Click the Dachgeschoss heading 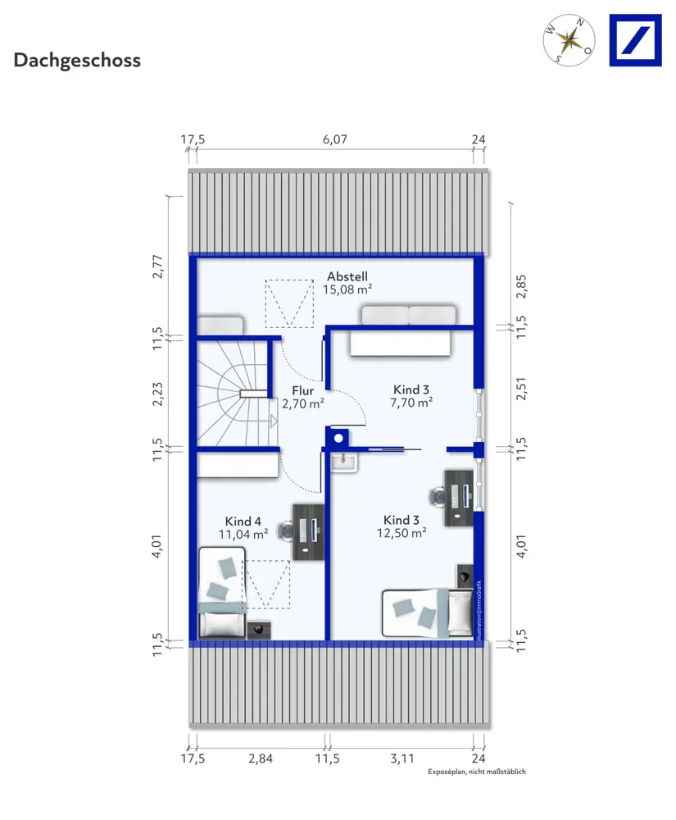(x=77, y=61)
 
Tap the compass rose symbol (x=569, y=40)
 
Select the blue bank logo (x=635, y=40)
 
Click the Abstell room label (x=347, y=276)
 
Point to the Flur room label (x=303, y=390)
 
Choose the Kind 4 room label (x=243, y=522)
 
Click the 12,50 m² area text (x=402, y=533)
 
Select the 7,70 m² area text (x=411, y=403)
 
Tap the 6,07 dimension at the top (x=335, y=139)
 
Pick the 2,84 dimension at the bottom (x=261, y=758)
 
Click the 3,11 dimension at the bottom (x=402, y=758)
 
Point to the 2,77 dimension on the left (x=157, y=266)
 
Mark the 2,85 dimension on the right (x=521, y=286)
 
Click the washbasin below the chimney (x=344, y=462)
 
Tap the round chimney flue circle (x=338, y=438)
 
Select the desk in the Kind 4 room (x=308, y=532)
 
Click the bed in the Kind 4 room (x=222, y=592)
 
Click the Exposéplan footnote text (x=476, y=772)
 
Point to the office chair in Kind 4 (x=284, y=530)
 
